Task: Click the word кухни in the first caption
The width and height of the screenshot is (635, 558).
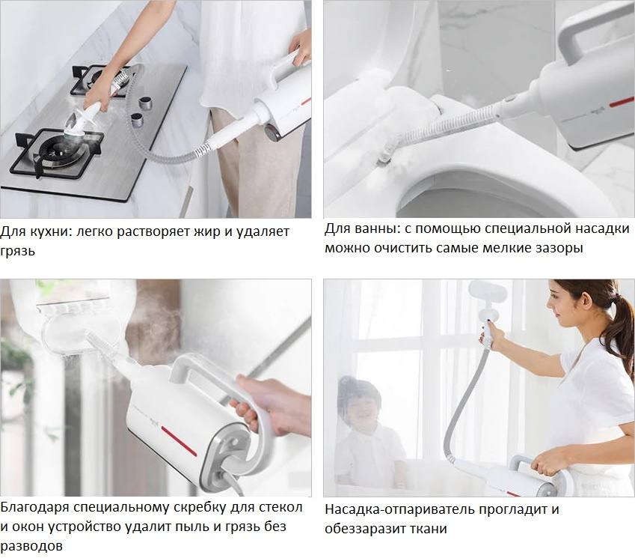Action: [x=52, y=231]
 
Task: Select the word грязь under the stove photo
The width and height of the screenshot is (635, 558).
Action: [x=18, y=252]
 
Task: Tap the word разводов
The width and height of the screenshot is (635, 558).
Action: [x=31, y=546]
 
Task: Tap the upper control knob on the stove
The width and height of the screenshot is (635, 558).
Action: [x=144, y=103]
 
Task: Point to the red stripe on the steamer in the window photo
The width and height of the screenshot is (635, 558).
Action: [x=179, y=441]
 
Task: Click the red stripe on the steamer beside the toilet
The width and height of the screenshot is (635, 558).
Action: [x=622, y=101]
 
